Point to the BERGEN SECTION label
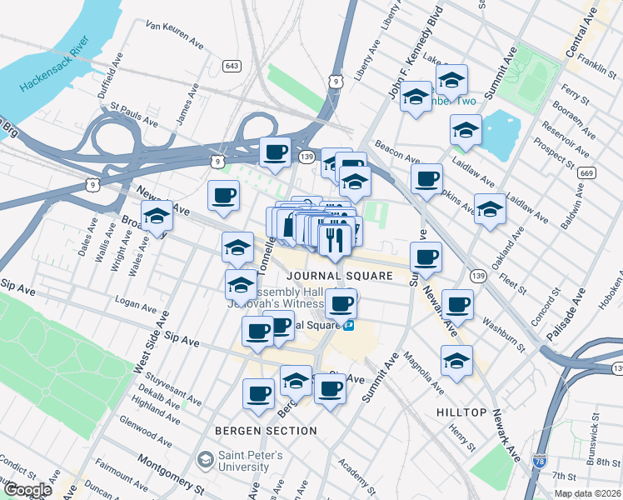click(x=266, y=430)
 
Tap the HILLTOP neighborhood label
click(x=461, y=412)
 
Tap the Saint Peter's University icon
click(x=205, y=460)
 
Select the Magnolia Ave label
click(x=423, y=373)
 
